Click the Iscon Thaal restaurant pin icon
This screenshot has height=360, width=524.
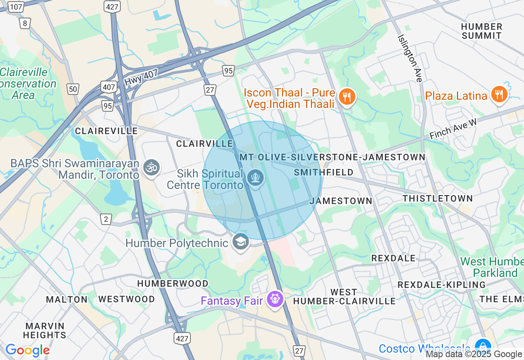tap(347, 97)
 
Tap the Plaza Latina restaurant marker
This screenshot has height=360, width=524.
tap(499, 94)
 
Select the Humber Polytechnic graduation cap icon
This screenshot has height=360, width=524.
tap(241, 242)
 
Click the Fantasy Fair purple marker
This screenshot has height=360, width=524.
tap(275, 299)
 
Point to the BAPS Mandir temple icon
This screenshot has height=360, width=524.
tap(151, 167)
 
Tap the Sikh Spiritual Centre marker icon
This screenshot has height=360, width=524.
tap(255, 178)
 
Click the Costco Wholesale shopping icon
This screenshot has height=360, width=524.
tap(483, 346)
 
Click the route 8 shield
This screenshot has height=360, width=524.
tap(25, 23)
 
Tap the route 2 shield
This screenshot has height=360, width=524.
tap(106, 219)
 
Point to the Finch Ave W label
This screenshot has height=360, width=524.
tap(453, 129)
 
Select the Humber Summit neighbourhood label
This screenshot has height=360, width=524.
tap(481, 31)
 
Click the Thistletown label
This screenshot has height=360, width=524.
tap(438, 198)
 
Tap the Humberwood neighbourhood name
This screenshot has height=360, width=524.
tap(173, 283)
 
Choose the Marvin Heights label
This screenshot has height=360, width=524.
tap(45, 331)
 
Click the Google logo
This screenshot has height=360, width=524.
tap(27, 350)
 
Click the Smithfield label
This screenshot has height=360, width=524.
tap(323, 172)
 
